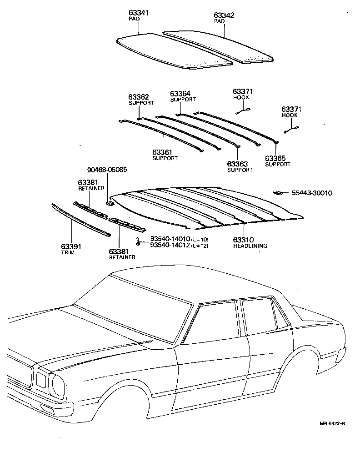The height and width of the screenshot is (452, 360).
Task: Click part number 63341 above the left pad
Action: coord(138,13)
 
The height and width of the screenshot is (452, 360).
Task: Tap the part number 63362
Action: coord(138,97)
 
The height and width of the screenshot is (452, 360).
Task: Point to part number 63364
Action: coord(180,93)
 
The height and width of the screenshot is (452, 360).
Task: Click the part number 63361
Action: coord(162,152)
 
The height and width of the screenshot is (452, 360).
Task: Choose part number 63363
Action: coord(237,164)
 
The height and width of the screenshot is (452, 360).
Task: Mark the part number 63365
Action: coord(275,158)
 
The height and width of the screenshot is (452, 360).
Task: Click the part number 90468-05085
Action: coord(107,170)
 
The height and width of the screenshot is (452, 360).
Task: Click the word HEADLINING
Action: coord(250,246)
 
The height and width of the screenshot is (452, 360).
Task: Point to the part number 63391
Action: coord(71,247)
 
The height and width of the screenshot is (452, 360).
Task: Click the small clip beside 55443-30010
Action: coord(277,193)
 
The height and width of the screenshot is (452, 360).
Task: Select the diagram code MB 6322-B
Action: coord(332,424)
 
